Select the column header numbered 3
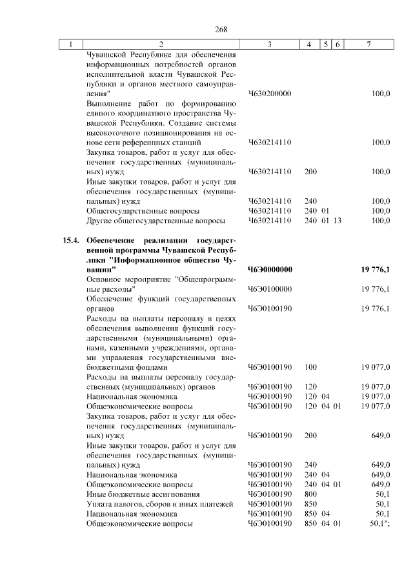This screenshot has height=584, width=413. click(269, 45)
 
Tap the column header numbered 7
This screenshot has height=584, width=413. click(368, 45)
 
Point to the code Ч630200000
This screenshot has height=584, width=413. click(270, 94)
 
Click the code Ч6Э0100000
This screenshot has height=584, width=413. click(270, 288)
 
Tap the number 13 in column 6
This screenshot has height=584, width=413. click(337, 221)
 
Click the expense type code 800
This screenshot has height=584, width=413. click(310, 494)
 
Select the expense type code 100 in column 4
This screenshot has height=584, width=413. click(310, 367)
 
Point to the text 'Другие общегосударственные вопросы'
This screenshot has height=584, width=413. click(156, 221)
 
